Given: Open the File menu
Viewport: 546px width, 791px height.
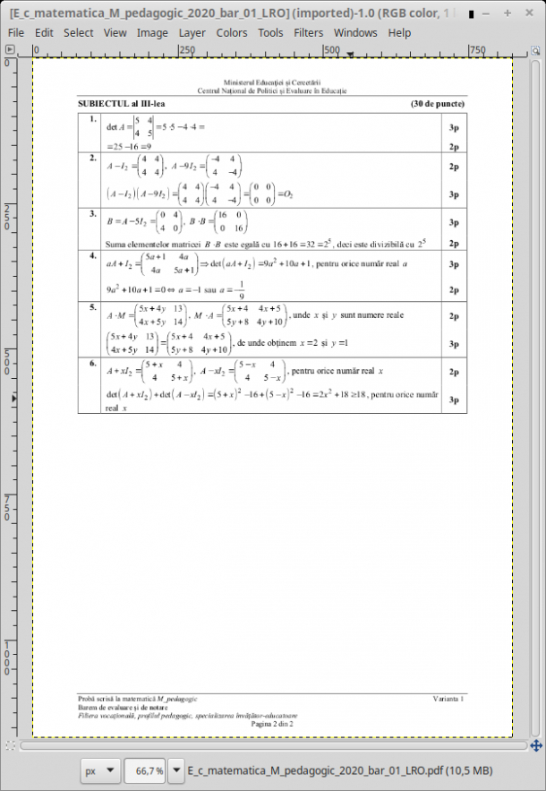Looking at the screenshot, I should click(15, 32).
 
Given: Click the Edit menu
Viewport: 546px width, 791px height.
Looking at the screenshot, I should click(43, 32).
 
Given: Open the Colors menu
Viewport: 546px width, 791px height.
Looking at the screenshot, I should click(232, 32).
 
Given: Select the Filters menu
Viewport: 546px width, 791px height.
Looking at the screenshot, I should click(309, 32).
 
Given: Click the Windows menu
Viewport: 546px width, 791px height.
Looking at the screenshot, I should click(355, 32).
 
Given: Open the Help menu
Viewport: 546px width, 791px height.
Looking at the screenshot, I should click(399, 32).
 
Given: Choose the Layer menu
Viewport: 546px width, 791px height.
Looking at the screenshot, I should click(192, 32).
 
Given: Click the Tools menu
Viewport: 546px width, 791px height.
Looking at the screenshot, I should click(270, 32).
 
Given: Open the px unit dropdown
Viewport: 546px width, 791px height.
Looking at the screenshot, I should click(99, 770).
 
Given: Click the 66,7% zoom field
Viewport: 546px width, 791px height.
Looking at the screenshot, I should click(147, 770).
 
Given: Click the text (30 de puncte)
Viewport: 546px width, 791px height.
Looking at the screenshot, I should click(439, 105).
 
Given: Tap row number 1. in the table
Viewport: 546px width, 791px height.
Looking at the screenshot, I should click(92, 119).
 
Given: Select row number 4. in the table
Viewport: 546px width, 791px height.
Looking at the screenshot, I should click(92, 256).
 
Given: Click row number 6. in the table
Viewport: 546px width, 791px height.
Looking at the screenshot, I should click(92, 363).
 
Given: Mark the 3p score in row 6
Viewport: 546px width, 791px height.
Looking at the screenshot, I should click(454, 400).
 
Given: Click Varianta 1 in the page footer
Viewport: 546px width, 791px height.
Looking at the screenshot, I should click(448, 698).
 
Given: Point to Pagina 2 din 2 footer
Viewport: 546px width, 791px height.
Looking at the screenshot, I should click(272, 723).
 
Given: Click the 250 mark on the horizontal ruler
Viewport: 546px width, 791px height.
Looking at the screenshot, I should click(187, 50).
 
